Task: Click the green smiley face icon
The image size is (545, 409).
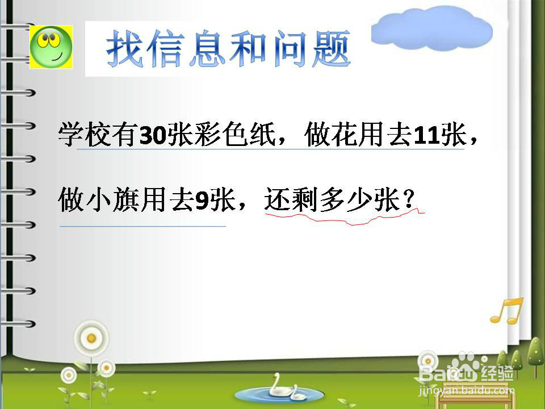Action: pos(51,47)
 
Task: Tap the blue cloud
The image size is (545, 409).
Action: pos(431,28)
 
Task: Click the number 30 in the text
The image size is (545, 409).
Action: pos(153,135)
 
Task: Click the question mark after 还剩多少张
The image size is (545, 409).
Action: pos(409,199)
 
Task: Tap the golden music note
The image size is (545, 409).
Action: pos(507,311)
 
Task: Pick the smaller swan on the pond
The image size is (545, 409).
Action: pos(297,393)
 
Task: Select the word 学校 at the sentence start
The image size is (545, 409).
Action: pos(85,135)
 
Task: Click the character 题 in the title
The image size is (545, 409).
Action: pos(331,49)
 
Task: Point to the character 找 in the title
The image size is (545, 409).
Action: pos(124,49)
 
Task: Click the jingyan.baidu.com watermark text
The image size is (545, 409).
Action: pos(467,390)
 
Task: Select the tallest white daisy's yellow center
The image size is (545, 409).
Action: pos(91,337)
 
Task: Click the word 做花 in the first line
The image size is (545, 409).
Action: pos(331,135)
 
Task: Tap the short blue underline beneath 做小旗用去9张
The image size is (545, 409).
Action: pos(143,226)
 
